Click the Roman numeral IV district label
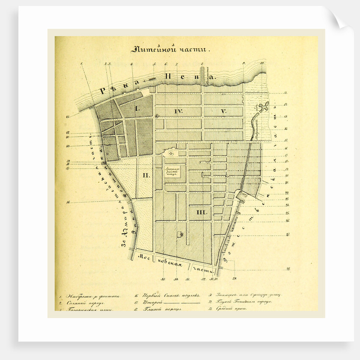point(178,111)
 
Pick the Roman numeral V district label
point(223,111)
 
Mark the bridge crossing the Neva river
point(202,76)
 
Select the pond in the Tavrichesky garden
point(263,106)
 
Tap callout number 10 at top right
point(262,64)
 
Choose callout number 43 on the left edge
point(68,116)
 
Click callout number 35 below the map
point(163,279)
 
